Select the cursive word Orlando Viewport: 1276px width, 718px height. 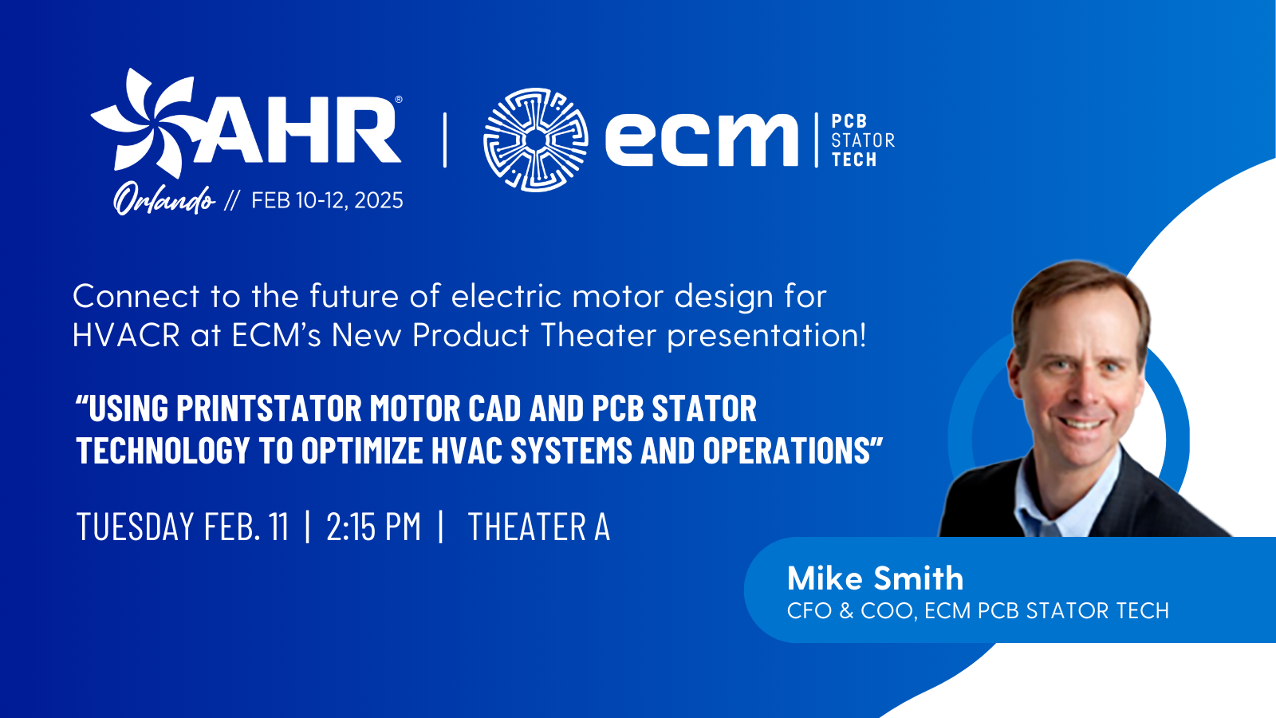[x=164, y=199]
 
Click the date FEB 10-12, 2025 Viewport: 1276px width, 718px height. [x=327, y=200]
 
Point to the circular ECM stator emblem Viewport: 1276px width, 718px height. [x=536, y=140]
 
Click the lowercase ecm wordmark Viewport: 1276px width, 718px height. [x=702, y=140]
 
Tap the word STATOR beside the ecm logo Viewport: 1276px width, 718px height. [x=863, y=140]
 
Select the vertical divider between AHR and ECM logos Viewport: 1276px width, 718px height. [x=445, y=140]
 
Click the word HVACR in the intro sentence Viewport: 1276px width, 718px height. [x=126, y=336]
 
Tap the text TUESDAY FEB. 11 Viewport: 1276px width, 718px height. [x=183, y=527]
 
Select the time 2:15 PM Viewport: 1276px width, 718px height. [x=373, y=527]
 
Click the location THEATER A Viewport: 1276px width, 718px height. [x=539, y=527]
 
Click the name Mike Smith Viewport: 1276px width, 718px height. [x=875, y=578]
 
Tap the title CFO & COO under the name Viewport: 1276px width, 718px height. [x=849, y=611]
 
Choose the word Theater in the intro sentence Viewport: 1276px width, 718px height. [x=598, y=336]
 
